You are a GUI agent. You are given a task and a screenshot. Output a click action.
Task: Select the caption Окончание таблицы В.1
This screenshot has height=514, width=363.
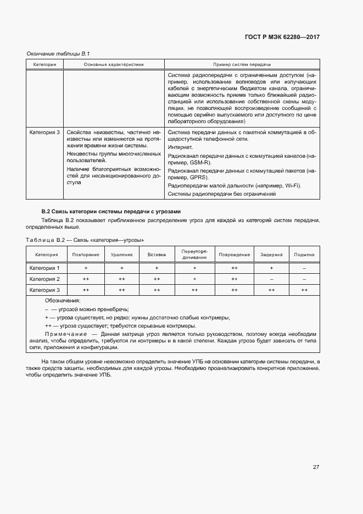point(58,54)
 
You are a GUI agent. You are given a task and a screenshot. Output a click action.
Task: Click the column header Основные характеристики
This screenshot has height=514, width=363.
point(114,65)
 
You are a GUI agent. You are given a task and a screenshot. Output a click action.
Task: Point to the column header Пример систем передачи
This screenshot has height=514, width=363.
point(242,65)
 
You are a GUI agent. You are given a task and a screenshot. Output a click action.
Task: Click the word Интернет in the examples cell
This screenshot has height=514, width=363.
point(180,147)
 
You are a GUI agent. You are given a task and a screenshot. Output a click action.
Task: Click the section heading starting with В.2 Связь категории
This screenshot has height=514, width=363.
point(111,212)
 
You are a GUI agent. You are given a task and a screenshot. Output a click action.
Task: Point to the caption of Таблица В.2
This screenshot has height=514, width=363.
point(85,240)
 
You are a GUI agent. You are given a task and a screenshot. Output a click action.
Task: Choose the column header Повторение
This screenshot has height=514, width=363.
point(86,255)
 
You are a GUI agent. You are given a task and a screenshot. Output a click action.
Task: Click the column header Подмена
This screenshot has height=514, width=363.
point(304,255)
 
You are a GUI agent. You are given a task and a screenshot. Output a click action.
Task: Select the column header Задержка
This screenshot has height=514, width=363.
point(271,255)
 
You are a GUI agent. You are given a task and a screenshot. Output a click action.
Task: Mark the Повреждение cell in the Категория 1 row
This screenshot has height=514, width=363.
point(234,268)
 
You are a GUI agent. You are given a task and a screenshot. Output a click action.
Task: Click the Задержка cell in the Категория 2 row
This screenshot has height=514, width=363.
point(271,279)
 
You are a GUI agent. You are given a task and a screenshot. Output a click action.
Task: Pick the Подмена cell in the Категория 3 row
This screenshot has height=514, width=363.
point(304,290)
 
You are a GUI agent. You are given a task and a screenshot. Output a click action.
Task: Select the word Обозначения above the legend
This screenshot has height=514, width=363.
point(63,301)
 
